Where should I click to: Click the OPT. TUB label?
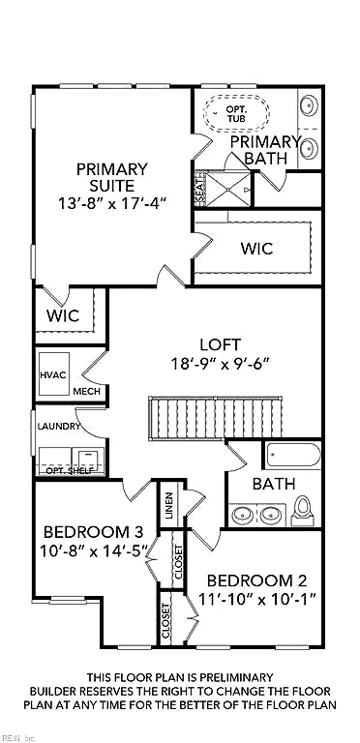tap(235, 113)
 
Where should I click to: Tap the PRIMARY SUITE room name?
tap(112, 177)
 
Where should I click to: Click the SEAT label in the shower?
tap(200, 190)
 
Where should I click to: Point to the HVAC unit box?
tap(54, 373)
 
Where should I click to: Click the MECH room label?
tap(87, 392)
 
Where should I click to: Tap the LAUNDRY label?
tap(59, 426)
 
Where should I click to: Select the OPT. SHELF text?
tap(69, 471)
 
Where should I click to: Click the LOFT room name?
tap(221, 344)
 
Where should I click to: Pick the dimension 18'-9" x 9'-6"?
tap(220, 364)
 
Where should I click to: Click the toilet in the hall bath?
tap(302, 511)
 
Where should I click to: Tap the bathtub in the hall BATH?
tap(292, 456)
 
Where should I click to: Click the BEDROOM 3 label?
tap(93, 532)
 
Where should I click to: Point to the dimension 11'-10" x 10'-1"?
tap(256, 600)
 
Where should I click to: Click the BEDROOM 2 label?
tap(256, 580)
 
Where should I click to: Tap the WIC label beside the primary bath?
tap(257, 249)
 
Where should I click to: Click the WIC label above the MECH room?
tap(63, 315)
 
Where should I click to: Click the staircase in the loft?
tap(216, 418)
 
